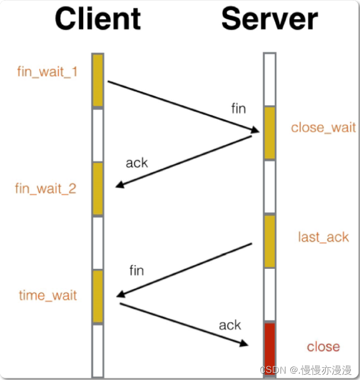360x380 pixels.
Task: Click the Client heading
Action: click(x=98, y=19)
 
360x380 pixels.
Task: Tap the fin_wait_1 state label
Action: click(x=47, y=71)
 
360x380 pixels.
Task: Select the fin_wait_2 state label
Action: click(x=46, y=189)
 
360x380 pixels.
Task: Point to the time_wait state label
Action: click(x=48, y=295)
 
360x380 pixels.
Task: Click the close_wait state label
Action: click(x=323, y=128)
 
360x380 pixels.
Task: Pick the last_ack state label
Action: click(x=323, y=237)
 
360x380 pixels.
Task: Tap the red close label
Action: click(x=323, y=347)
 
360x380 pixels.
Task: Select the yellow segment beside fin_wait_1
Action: click(x=98, y=80)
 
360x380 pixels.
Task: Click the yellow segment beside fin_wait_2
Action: click(x=98, y=188)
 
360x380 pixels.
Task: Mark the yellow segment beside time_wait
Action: click(x=98, y=296)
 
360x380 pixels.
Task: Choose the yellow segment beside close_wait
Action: click(x=269, y=133)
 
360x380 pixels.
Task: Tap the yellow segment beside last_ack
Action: click(x=269, y=241)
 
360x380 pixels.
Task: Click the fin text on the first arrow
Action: click(x=238, y=109)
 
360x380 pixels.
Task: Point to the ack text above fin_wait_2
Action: click(x=136, y=163)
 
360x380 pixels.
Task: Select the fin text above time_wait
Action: click(x=136, y=271)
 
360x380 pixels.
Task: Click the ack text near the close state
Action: click(x=230, y=325)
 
